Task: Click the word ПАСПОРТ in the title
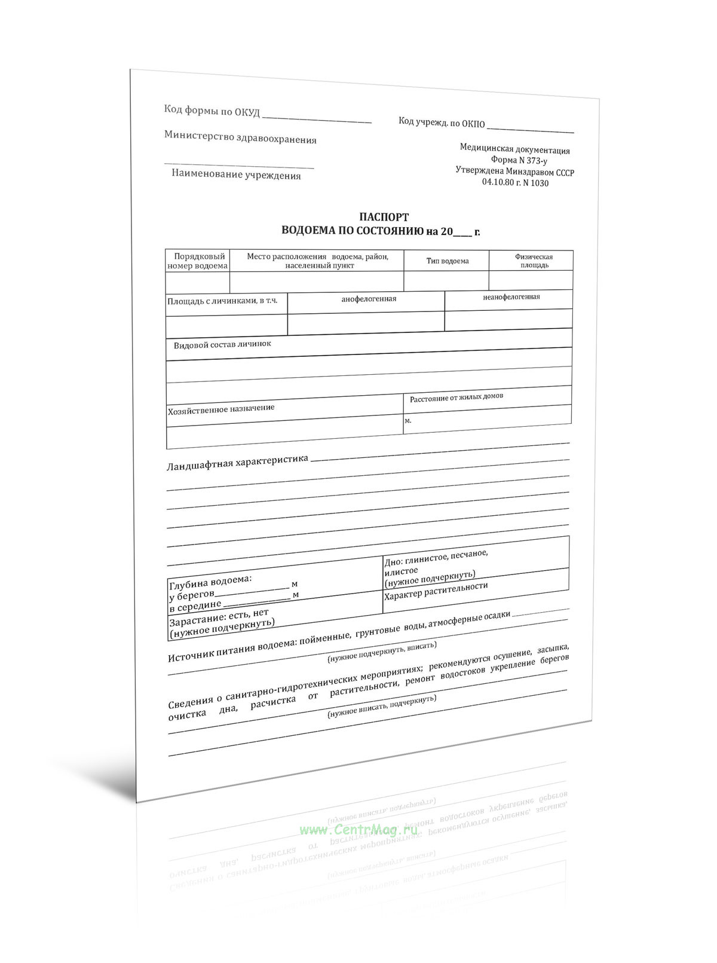(384, 217)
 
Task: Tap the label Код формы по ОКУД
(212, 111)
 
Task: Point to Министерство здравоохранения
(240, 138)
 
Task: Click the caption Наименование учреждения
(236, 175)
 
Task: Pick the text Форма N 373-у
(519, 161)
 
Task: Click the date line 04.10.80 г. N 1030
(515, 183)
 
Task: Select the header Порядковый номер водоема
(197, 261)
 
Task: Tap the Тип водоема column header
(448, 261)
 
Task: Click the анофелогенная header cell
(369, 299)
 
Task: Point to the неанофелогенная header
(511, 297)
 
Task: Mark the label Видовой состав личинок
(222, 344)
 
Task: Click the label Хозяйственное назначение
(221, 409)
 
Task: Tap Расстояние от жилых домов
(456, 397)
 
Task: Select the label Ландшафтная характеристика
(237, 462)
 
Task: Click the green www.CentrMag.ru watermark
(358, 830)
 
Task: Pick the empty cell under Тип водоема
(446, 280)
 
